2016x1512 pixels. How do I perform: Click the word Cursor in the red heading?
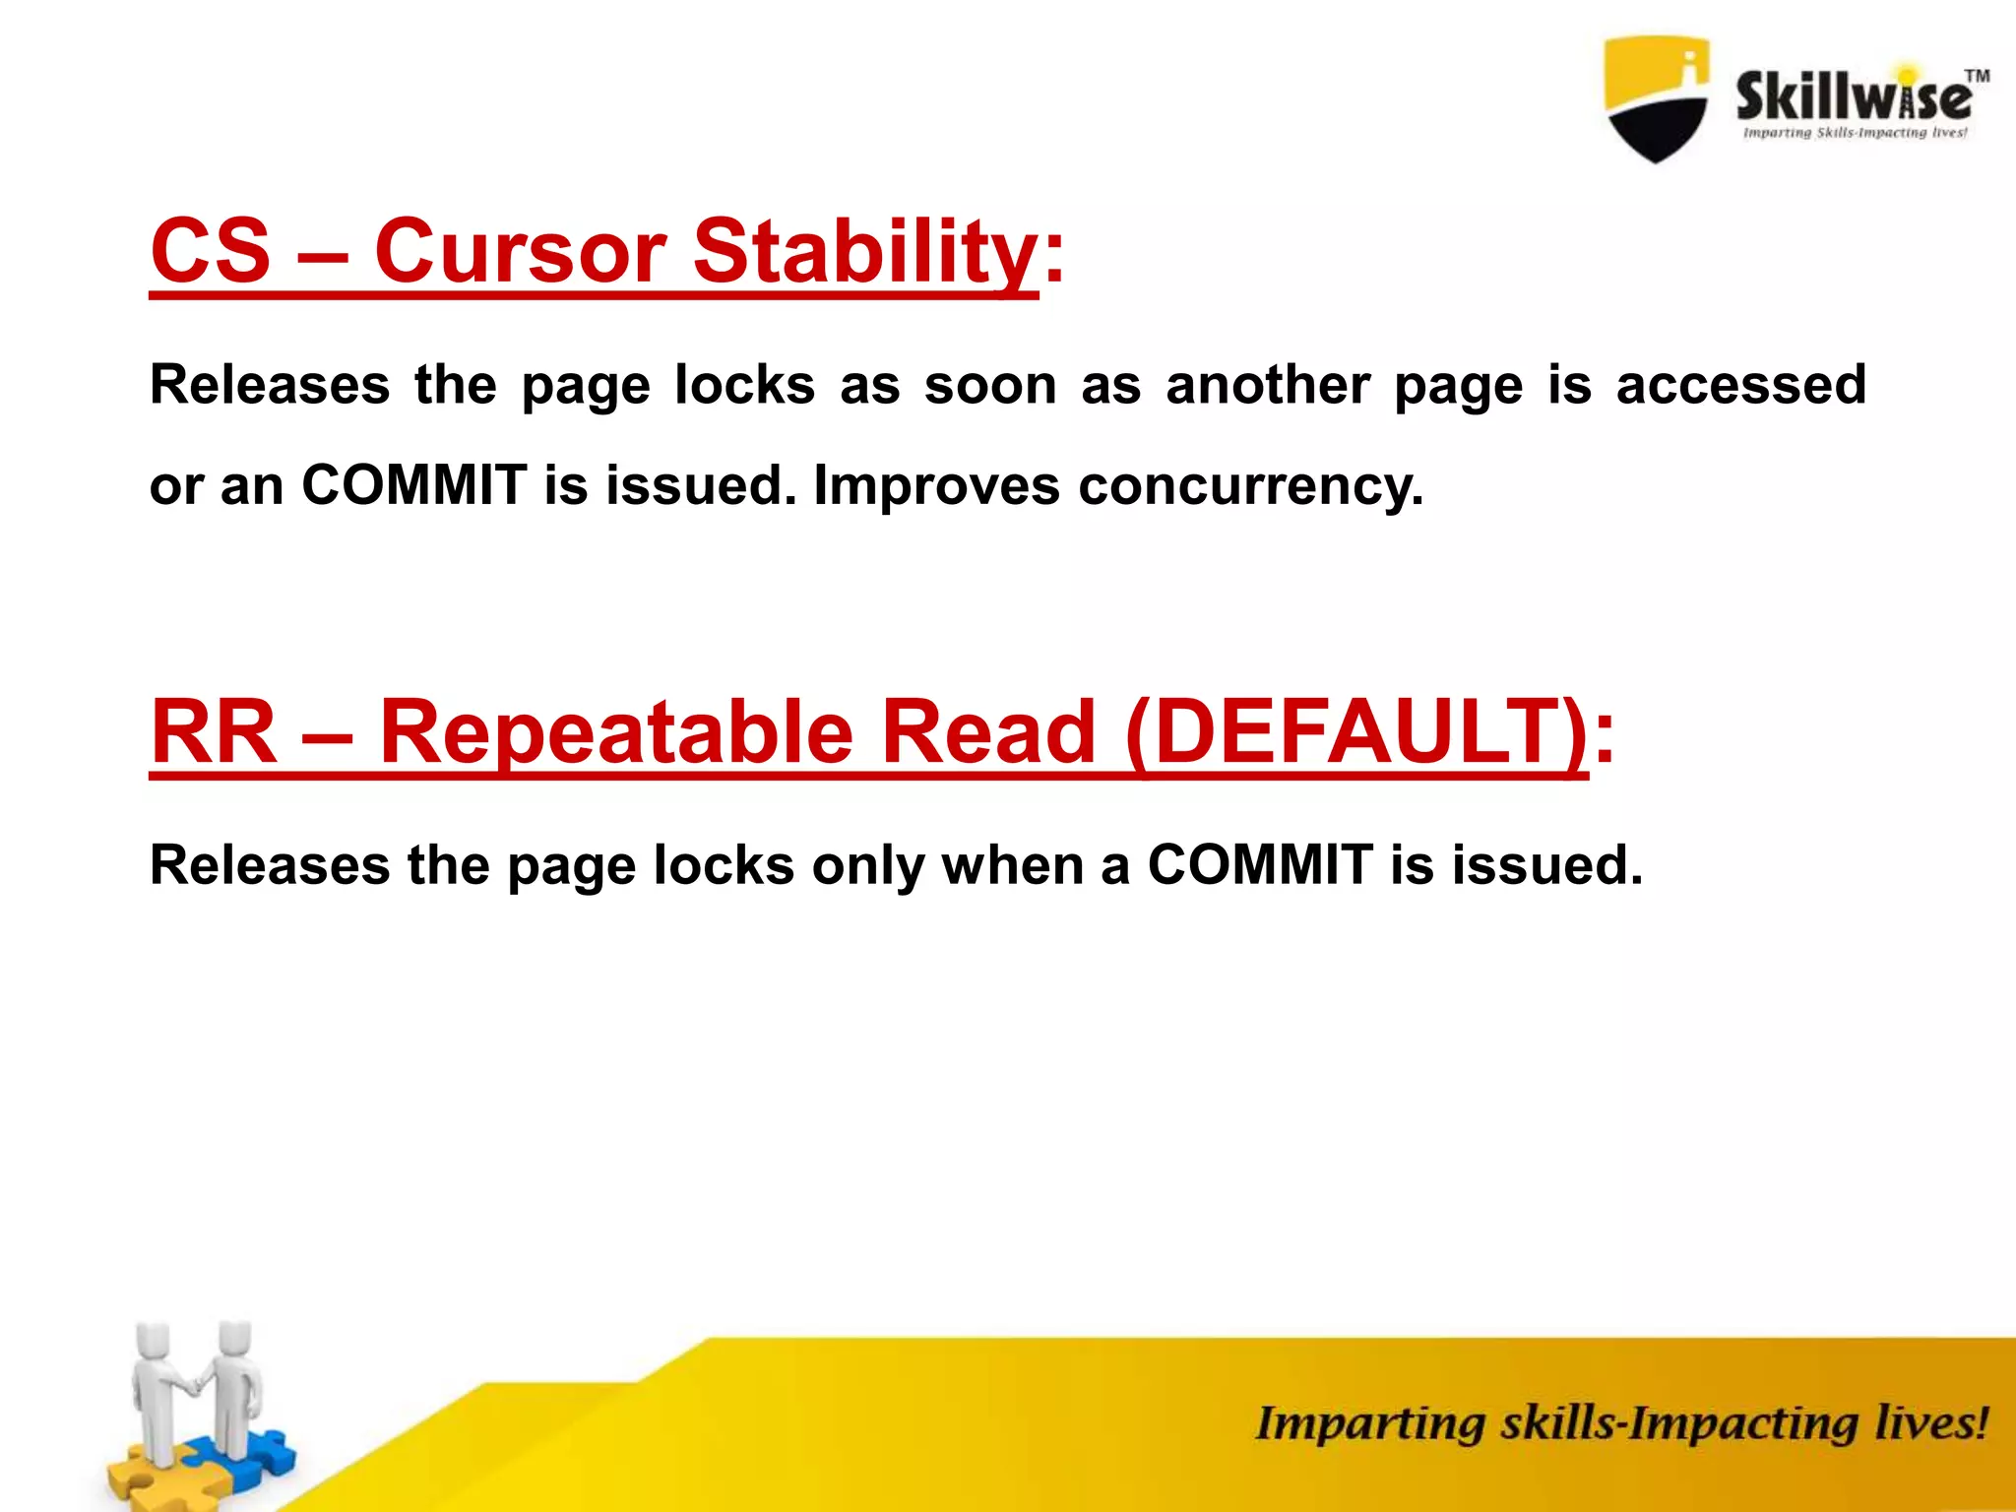pyautogui.click(x=520, y=251)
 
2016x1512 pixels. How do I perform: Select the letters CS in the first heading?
pyautogui.click(x=211, y=251)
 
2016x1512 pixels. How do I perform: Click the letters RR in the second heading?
pyautogui.click(x=215, y=731)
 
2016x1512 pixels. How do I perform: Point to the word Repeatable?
pyautogui.click(x=616, y=731)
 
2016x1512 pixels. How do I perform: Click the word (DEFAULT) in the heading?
pyautogui.click(x=1355, y=731)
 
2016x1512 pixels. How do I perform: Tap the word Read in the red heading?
pyautogui.click(x=987, y=731)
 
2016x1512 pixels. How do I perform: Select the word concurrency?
pyautogui.click(x=1250, y=486)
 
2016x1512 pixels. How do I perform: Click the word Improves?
pyautogui.click(x=936, y=486)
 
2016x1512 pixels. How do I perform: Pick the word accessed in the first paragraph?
pyautogui.click(x=1740, y=384)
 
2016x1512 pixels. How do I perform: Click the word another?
pyautogui.click(x=1268, y=384)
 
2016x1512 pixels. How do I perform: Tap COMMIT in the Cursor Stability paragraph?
pyautogui.click(x=413, y=484)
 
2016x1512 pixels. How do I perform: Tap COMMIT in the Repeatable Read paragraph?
pyautogui.click(x=1260, y=865)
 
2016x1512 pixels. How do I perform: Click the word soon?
pyautogui.click(x=989, y=384)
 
